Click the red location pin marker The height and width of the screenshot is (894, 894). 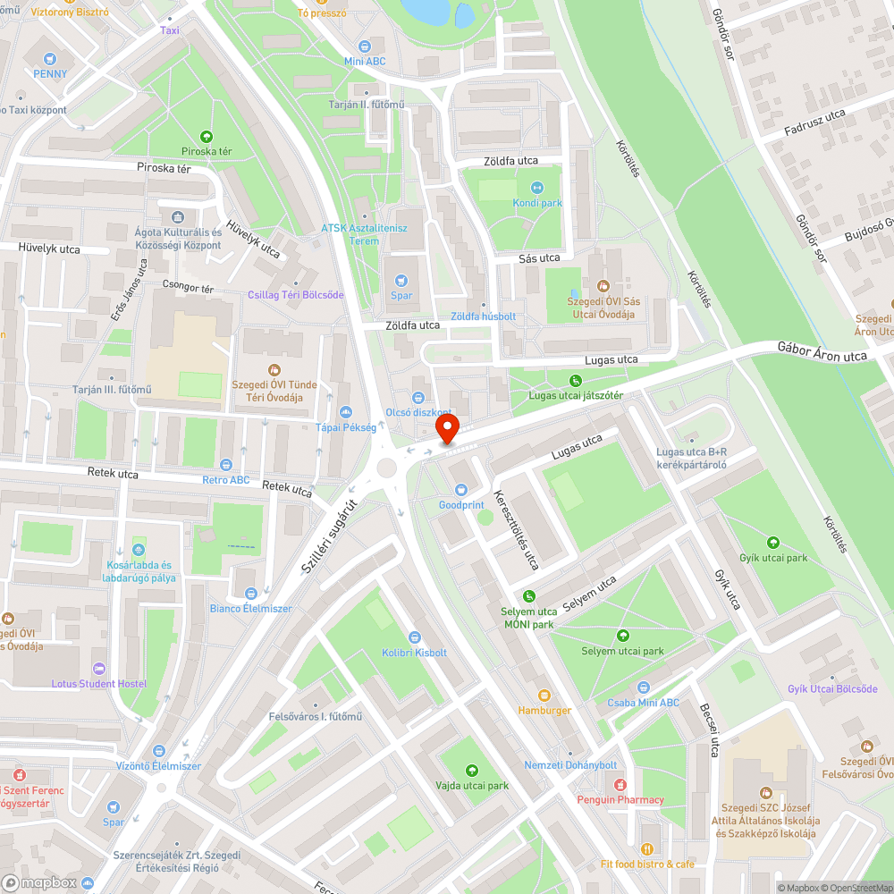pos(446,429)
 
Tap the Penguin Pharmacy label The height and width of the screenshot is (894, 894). pos(620,799)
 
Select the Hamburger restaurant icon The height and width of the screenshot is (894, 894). pos(544,695)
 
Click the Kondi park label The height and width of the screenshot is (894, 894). pos(537,203)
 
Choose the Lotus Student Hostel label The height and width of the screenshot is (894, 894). pos(99,684)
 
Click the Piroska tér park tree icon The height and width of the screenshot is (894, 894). pos(207,137)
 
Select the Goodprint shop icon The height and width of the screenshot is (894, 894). pos(460,489)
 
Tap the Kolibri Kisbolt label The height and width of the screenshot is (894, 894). pos(414,653)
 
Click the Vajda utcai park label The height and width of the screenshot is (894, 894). pos(471,786)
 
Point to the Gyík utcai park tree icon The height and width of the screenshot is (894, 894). pos(773,542)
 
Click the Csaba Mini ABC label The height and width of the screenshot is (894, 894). pos(643,703)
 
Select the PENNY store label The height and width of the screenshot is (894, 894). pos(50,73)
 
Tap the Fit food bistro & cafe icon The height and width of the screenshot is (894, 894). pos(646,848)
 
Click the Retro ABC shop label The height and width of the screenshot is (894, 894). pos(226,480)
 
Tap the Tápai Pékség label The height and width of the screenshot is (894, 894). pos(346,427)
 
